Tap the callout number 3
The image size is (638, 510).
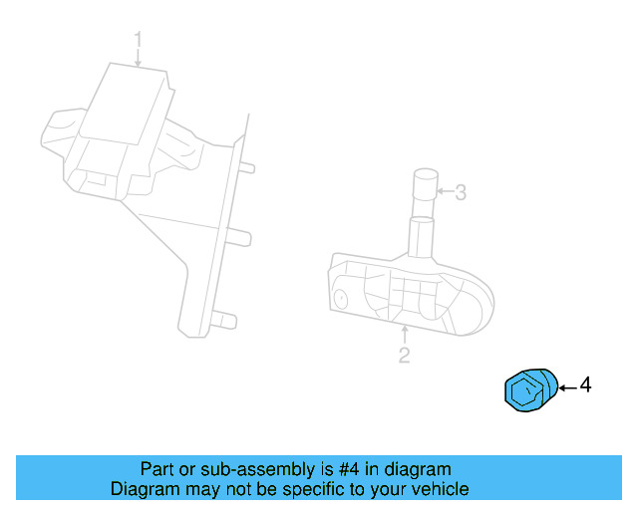click(460, 192)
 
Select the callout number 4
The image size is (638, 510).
click(585, 384)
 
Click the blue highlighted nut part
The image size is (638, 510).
click(530, 388)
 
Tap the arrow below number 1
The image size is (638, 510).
click(139, 59)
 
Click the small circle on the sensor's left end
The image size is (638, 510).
click(340, 297)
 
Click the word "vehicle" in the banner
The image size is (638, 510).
click(440, 489)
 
